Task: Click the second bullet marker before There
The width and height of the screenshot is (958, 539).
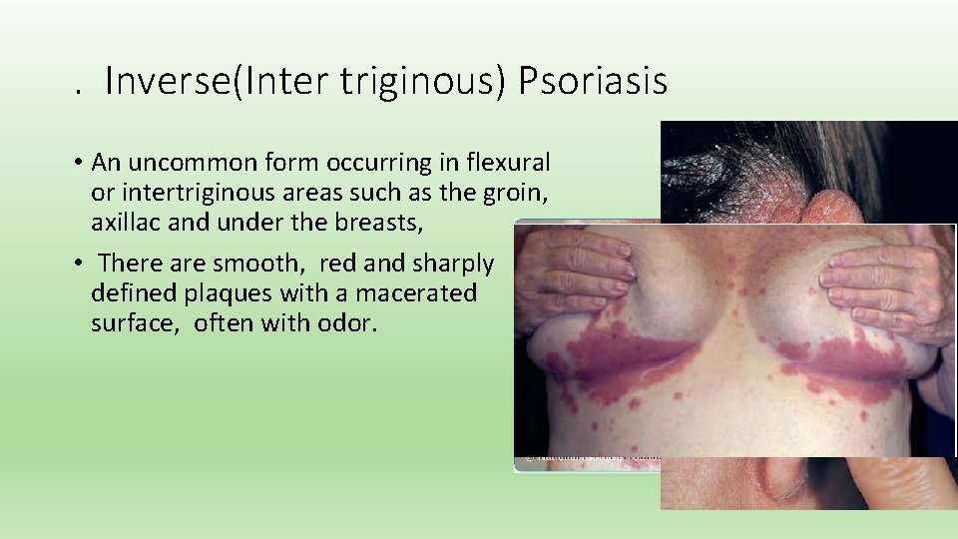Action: tap(77, 265)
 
